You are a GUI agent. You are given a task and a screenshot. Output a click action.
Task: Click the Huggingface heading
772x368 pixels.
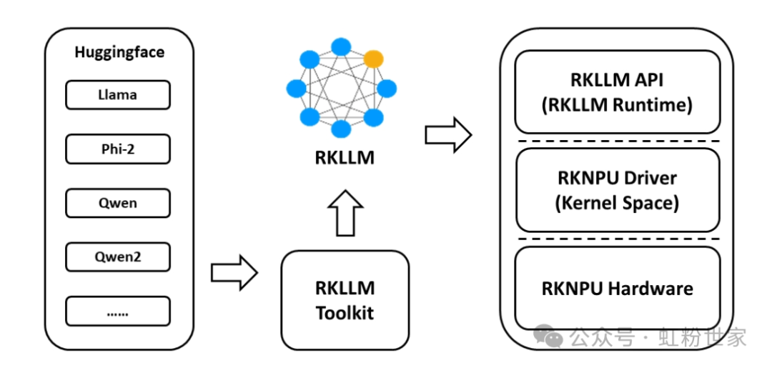coord(119,52)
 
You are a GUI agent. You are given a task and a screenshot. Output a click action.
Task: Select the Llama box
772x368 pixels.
coord(118,94)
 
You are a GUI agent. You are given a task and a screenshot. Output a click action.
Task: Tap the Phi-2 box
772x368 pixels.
coord(118,149)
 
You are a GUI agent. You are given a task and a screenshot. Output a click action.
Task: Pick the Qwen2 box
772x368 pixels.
coord(118,257)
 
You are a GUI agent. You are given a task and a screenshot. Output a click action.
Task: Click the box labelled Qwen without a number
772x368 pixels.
coord(118,203)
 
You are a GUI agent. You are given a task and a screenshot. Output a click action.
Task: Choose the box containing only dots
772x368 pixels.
coord(118,311)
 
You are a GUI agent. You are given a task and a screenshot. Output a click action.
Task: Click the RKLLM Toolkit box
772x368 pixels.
coord(345,299)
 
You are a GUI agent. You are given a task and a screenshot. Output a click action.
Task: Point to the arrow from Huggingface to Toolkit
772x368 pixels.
coord(234,272)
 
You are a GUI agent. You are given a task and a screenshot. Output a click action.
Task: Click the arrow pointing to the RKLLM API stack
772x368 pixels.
coord(448,134)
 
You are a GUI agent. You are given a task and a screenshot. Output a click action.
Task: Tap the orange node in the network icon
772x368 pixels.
coord(374,59)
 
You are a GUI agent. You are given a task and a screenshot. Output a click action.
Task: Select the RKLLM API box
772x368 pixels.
coord(617,91)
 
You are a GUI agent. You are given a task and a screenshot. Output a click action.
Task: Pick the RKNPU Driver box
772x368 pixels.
coord(617,189)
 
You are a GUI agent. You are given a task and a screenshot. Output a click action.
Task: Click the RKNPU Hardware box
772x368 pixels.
coord(617,289)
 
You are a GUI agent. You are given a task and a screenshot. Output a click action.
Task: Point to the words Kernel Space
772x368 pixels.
coord(617,203)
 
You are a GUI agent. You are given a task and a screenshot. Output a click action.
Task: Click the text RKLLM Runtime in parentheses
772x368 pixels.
coord(617,106)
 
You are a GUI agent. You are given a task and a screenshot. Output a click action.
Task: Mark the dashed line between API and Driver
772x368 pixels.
coord(617,141)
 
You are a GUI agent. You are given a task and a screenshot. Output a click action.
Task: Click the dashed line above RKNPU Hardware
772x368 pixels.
coord(617,239)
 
